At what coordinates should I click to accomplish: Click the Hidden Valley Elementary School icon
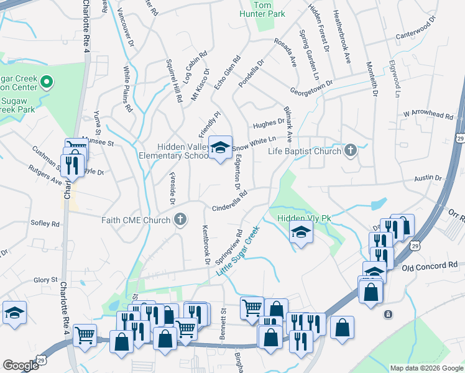219,147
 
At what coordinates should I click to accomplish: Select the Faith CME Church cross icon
180,219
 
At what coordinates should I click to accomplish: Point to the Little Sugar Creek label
237,251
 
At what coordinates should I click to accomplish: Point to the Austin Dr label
429,178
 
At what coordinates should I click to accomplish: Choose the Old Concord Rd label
430,265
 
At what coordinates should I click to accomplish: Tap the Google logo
21,366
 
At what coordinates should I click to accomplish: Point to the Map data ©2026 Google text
425,368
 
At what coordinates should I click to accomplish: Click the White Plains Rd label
127,89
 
